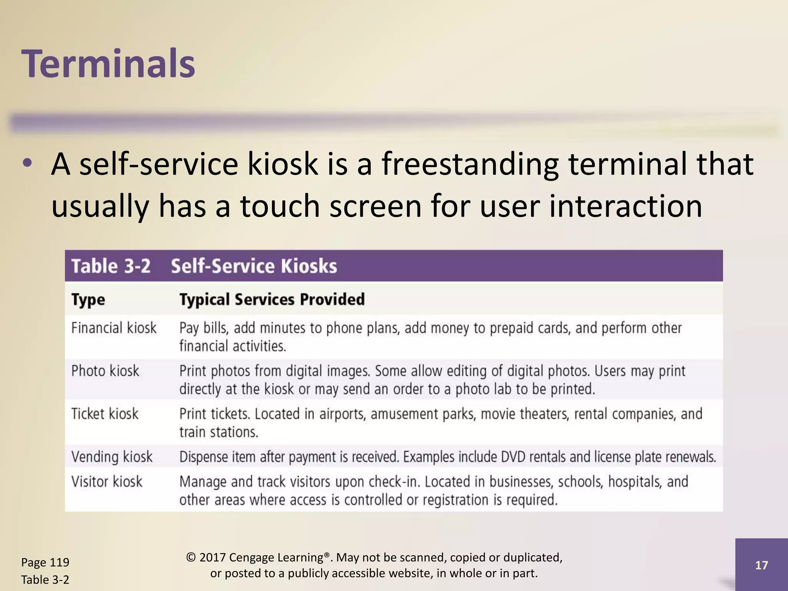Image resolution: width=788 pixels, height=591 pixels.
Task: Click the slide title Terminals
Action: coord(109,63)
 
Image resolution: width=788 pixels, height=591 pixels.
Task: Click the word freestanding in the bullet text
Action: coord(470,164)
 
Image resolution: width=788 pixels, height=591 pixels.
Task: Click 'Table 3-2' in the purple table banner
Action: coord(111,266)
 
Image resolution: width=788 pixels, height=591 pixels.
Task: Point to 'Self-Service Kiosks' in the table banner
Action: coord(254,266)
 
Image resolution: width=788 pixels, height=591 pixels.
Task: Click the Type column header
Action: coord(88,300)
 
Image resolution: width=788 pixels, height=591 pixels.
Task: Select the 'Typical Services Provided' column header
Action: coord(272,299)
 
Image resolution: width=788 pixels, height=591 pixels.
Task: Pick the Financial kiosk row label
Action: coord(114,328)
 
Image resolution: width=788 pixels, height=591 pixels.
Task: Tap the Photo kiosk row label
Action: coord(105,371)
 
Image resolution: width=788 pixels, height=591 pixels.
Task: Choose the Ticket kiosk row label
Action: coord(105,414)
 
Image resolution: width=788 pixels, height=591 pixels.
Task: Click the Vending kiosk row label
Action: coord(112,457)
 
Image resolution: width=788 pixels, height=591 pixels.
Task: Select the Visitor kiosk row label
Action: coord(107,482)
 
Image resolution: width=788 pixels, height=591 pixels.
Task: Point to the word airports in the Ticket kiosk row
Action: coord(342,414)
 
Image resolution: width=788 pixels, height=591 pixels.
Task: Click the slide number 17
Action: coord(761,565)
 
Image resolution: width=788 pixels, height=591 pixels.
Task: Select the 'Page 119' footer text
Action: coord(45,563)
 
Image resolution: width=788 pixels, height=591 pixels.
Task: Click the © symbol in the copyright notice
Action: coord(190,558)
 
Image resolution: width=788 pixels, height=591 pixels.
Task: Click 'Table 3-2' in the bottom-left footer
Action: coord(45,579)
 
